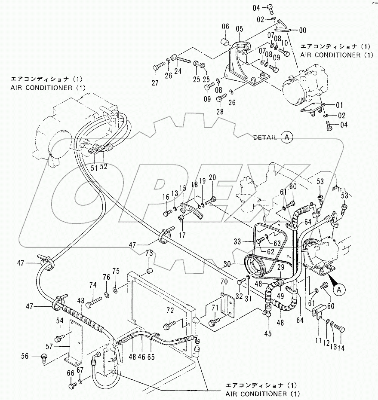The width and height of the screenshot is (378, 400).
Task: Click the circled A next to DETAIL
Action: click(287, 137)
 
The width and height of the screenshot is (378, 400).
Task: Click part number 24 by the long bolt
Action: click(178, 71)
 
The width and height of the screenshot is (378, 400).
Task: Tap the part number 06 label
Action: click(225, 28)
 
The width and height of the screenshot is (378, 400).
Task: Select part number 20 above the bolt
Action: click(212, 178)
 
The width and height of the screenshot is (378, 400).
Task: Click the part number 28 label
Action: click(220, 112)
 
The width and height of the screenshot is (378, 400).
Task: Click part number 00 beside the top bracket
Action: click(303, 30)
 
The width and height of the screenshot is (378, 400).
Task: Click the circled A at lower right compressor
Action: click(339, 290)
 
